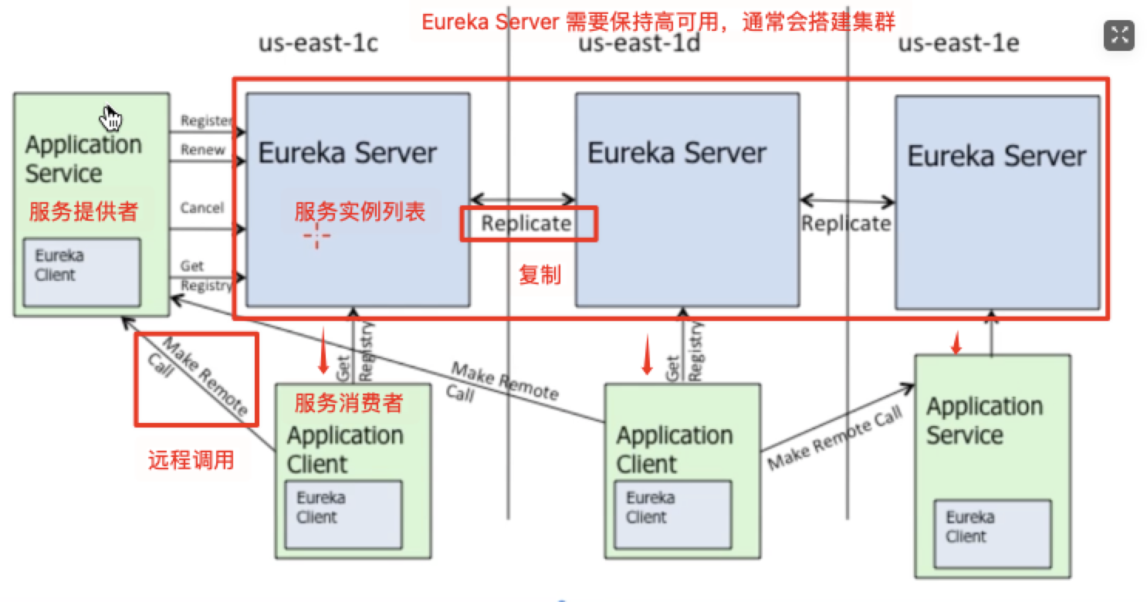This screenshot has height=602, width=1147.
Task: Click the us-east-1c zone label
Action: pos(318,43)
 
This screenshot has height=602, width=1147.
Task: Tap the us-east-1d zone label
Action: pos(639,43)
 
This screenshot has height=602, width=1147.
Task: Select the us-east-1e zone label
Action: pos(959,43)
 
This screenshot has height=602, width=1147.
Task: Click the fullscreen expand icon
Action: pos(1118,35)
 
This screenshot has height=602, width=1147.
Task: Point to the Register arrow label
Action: pos(206,120)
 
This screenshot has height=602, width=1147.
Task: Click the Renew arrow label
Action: pos(203,150)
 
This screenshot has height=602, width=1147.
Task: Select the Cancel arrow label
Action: pos(202,208)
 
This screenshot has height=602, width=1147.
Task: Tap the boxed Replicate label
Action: pos(528,224)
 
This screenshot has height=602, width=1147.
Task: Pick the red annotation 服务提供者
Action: pos(83,211)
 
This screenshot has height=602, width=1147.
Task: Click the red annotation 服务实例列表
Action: pos(360,211)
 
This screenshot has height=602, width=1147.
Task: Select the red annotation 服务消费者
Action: pos(349,402)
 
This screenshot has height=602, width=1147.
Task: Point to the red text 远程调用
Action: pos(191,461)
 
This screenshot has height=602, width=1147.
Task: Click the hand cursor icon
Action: pos(113,117)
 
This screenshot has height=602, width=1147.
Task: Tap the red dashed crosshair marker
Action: pos(317,238)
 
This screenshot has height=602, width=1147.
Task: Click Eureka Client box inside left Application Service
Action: pos(82,272)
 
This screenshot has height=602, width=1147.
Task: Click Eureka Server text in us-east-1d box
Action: pos(678,153)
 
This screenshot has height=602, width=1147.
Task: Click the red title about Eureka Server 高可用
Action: pos(658,22)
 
